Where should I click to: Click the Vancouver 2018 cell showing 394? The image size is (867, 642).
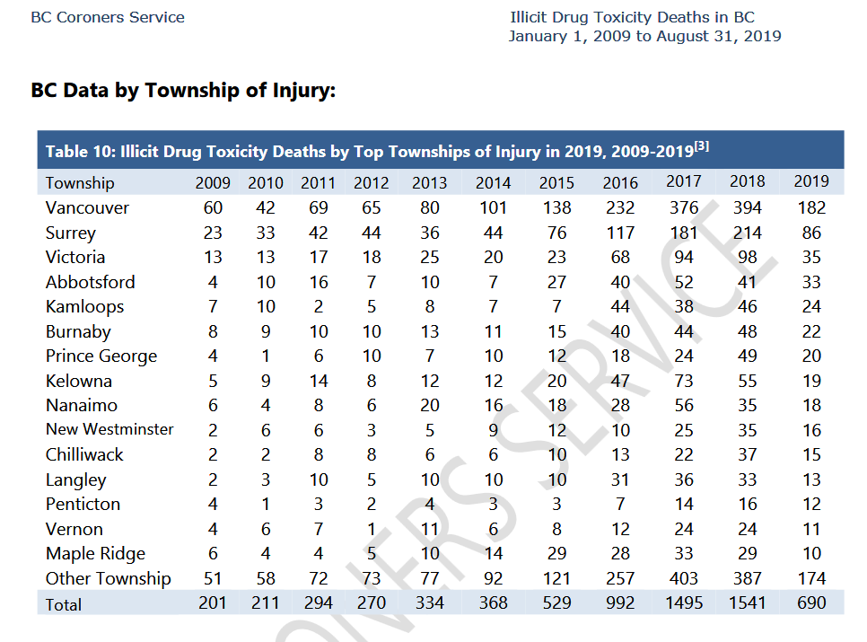point(747,208)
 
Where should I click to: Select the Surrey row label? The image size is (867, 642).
point(71,233)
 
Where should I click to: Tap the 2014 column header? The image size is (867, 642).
point(494,183)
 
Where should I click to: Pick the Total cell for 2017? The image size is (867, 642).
point(684,602)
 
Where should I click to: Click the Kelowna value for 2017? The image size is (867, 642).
point(684,381)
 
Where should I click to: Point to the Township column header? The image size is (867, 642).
point(80,183)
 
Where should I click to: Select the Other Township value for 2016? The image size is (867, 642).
point(620,578)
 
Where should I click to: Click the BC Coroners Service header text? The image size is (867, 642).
point(108,17)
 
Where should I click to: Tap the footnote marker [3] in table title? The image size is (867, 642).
point(702,146)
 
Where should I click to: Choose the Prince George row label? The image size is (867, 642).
point(101,356)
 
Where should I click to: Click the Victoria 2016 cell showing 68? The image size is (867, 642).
point(620,257)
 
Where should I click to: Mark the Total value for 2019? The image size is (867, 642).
point(811,602)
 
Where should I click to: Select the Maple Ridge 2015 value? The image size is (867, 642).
point(556,553)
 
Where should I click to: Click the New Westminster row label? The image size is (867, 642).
point(109,430)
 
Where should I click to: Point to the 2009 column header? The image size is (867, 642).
point(213,183)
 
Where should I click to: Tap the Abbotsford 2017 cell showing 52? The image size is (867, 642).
point(684,282)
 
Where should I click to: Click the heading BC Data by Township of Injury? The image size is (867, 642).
point(183,90)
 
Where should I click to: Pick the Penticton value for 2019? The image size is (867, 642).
point(811,505)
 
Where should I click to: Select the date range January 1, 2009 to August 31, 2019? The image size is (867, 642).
point(644,37)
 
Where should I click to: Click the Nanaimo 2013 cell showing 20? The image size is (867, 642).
point(430,405)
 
